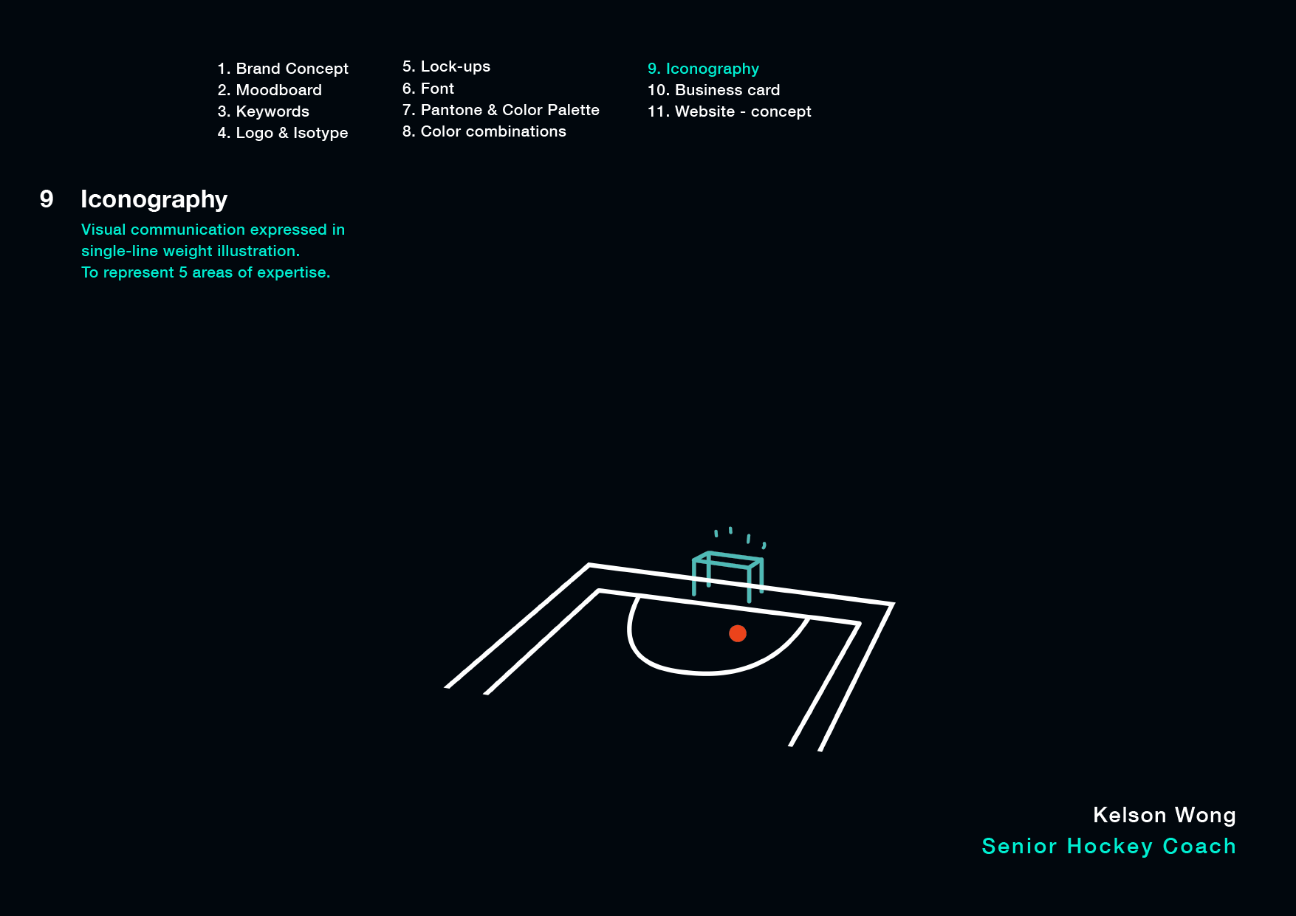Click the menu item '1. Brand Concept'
[283, 69]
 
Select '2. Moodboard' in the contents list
[270, 90]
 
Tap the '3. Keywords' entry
[264, 111]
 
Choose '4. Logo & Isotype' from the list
[283, 133]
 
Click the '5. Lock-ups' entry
[446, 66]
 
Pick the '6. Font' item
[428, 89]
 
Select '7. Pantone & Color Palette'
[501, 110]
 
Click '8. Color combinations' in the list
[484, 131]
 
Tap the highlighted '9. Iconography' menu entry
[703, 69]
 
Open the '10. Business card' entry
[713, 90]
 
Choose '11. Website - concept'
[729, 111]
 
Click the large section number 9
[47, 199]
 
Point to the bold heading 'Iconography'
[154, 199]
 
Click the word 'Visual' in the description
[103, 230]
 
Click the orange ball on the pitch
[738, 633]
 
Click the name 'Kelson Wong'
[1164, 815]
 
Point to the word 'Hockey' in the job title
[1109, 847]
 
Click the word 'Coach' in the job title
[1199, 846]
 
